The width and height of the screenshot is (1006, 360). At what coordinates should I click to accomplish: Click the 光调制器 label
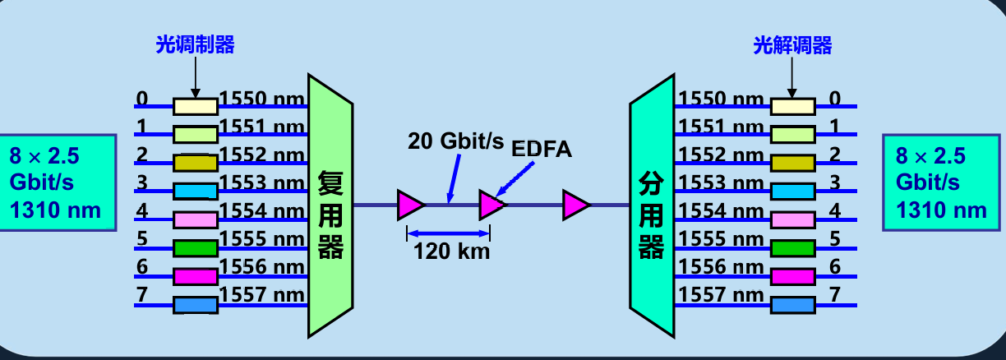tap(195, 45)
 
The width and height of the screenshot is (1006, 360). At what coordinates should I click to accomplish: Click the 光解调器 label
tap(792, 45)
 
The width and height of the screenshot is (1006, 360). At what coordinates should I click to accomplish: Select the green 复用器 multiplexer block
tap(330, 205)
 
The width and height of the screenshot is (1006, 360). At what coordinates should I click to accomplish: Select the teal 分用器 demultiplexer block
tap(652, 205)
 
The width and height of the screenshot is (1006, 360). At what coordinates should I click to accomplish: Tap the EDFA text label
tap(541, 149)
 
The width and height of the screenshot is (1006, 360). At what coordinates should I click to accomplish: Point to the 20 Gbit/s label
tap(455, 141)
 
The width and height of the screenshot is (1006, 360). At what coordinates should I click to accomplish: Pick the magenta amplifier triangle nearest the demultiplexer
tap(575, 205)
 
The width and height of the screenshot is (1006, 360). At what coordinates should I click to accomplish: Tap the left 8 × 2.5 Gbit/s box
tap(56, 183)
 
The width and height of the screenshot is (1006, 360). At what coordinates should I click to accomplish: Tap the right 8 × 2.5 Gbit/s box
tap(942, 183)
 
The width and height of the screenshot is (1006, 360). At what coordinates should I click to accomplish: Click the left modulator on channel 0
tap(196, 106)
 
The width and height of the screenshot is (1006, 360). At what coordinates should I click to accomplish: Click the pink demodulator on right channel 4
tap(792, 219)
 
